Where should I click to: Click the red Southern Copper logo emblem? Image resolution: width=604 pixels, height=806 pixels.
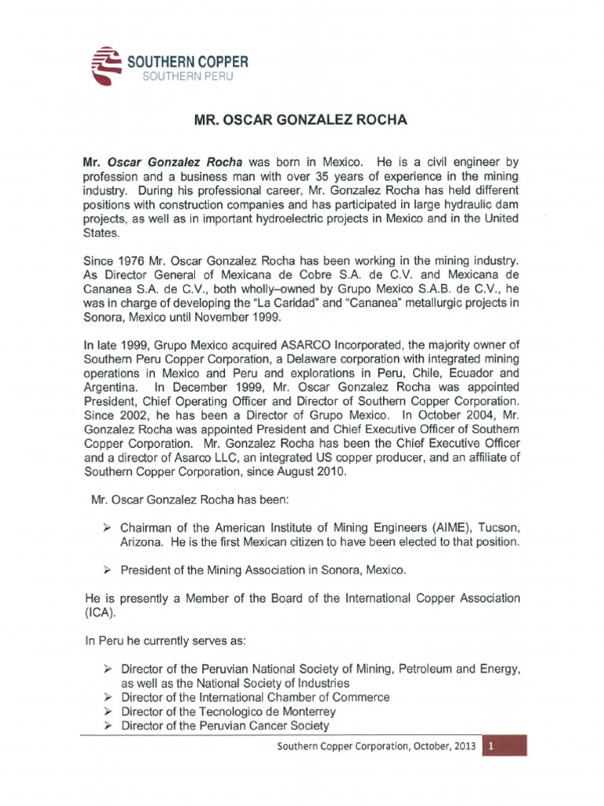click(106, 65)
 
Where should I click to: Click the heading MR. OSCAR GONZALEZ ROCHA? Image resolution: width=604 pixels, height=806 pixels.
click(301, 121)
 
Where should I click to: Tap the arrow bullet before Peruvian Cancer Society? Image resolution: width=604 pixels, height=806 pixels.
click(110, 726)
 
